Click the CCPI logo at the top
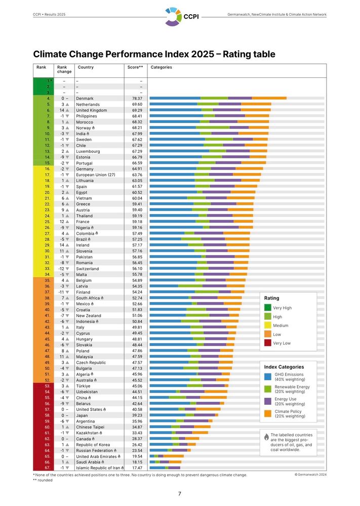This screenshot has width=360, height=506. click(181, 16)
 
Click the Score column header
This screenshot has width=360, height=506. click(134, 67)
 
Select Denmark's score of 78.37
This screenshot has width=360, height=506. click(137, 98)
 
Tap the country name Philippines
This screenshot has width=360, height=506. click(88, 116)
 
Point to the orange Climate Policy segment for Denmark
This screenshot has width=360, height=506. click(269, 98)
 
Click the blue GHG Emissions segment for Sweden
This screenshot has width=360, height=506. click(177, 139)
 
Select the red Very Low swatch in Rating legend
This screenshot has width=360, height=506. click(268, 343)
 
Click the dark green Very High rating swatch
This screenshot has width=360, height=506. click(268, 308)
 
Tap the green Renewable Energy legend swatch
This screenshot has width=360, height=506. click(268, 389)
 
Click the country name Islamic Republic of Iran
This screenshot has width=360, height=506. click(100, 468)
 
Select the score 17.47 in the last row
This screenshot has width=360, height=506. click(137, 468)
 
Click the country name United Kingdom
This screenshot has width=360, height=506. click(91, 110)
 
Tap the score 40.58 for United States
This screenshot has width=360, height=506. click(137, 409)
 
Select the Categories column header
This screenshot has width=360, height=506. click(162, 67)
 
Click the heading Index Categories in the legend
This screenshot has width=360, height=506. click(284, 367)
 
